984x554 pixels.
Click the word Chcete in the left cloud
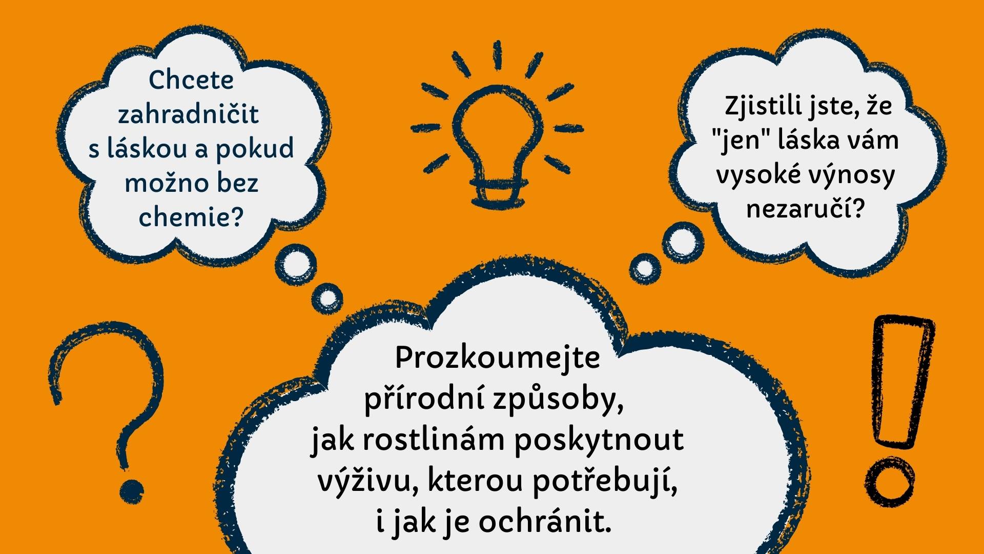[191, 80]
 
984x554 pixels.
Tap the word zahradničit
[189, 114]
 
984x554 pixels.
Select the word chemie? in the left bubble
[191, 217]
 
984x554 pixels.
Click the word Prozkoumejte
[497, 358]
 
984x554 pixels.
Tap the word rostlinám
[433, 440]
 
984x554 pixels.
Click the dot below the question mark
[132, 491]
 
